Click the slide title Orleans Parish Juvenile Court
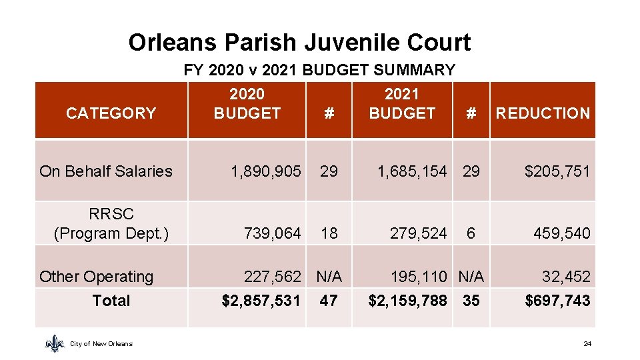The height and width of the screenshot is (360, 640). [x=299, y=43]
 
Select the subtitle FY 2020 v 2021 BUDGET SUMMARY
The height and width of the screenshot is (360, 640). [x=319, y=70]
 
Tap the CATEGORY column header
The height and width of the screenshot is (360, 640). [x=111, y=113]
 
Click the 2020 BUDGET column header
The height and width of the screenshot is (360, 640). [x=247, y=104]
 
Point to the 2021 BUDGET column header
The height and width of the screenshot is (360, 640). [x=402, y=104]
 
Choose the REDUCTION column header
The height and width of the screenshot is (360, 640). [x=543, y=113]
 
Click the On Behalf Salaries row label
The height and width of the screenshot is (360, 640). [x=106, y=171]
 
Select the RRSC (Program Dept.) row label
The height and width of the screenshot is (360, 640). [x=111, y=224]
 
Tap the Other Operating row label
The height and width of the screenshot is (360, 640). [x=96, y=277]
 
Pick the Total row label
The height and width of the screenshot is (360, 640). [x=111, y=301]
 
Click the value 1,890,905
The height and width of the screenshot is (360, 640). [x=265, y=171]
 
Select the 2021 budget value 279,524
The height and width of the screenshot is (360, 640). [x=418, y=233]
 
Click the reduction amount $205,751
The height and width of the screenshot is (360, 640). [x=557, y=171]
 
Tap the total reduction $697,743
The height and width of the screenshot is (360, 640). [x=557, y=301]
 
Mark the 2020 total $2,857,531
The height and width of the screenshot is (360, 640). [x=261, y=301]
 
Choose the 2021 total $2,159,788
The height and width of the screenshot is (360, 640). [x=407, y=301]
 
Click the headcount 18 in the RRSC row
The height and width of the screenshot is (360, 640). [x=329, y=233]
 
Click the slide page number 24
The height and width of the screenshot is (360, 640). [x=587, y=344]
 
